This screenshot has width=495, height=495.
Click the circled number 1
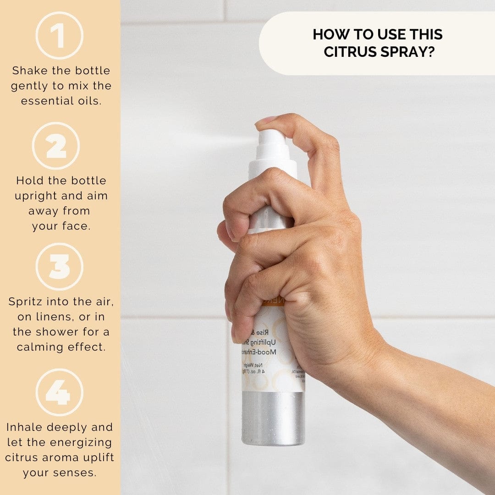[x=59, y=36]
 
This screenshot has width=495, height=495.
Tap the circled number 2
[x=56, y=146]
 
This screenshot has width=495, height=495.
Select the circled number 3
[x=60, y=266]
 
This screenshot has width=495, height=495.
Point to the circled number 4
[x=60, y=392]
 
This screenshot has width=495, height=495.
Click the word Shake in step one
[x=29, y=71]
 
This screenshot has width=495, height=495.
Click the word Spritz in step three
[x=25, y=302]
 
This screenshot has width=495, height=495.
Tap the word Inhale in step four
[x=23, y=427]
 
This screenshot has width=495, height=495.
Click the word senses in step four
[x=75, y=473]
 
